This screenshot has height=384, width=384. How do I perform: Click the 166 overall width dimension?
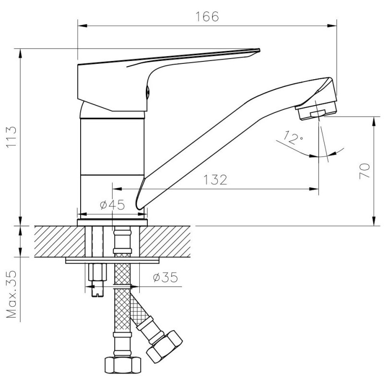tap(207, 17)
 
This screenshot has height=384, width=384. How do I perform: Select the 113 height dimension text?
tap(11, 137)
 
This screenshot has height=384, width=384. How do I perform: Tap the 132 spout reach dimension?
tap(215, 180)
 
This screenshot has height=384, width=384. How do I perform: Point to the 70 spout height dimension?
tap(364, 171)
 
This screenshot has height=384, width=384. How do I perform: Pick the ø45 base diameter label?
tap(112, 205)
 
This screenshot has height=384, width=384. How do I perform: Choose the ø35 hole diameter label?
tap(165, 277)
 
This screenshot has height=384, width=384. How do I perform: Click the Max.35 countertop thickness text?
tap(11, 294)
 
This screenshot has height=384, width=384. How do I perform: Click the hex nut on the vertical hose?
tap(123, 365)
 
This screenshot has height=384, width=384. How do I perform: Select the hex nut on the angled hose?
tap(164, 347)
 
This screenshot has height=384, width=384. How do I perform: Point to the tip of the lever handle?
tap(259, 50)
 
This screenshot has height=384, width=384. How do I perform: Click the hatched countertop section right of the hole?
tap(165, 241)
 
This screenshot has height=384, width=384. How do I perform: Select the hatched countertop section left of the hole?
tap(60, 241)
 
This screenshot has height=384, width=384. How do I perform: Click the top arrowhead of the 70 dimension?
tap(374, 121)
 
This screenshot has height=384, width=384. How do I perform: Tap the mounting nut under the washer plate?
tap(97, 272)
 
